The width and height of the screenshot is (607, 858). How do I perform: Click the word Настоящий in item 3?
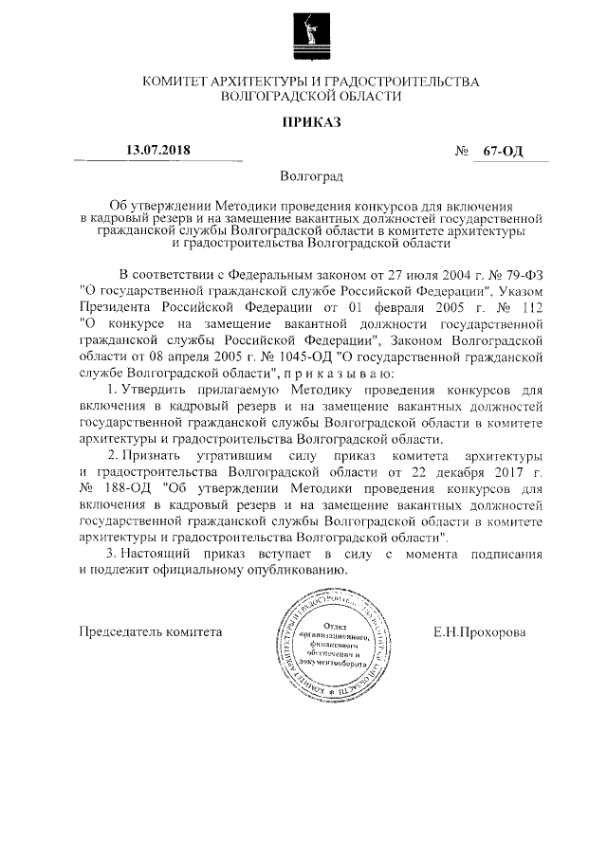pyautogui.click(x=158, y=553)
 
